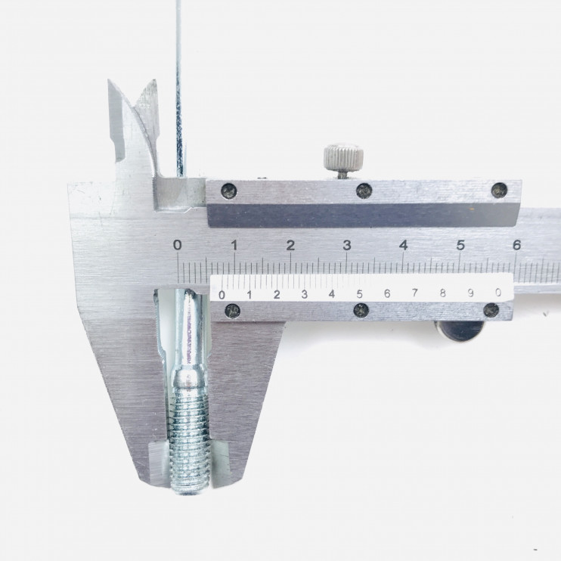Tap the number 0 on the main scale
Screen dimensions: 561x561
pos(178,245)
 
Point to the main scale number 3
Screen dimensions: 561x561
pos(347,246)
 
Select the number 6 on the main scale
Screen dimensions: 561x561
pos(516,245)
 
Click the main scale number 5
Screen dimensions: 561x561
pos(460,246)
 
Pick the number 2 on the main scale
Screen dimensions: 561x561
pos(290,246)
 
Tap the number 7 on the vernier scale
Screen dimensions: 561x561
pos(414,293)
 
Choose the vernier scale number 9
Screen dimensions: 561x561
pos(470,293)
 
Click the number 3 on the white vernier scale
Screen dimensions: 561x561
pos(304,294)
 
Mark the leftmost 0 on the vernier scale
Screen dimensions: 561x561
pos(222,295)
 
